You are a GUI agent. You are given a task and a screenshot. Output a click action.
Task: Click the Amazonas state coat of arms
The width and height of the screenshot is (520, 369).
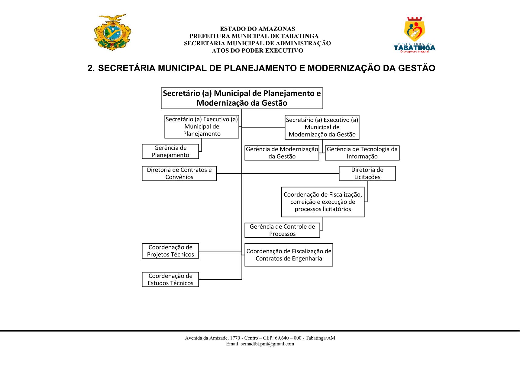coord(112,32)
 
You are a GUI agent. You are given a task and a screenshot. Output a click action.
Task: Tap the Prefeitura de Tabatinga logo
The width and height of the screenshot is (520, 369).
coord(415,35)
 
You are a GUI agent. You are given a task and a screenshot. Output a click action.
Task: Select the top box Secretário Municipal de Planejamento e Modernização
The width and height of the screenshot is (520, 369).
coord(242,98)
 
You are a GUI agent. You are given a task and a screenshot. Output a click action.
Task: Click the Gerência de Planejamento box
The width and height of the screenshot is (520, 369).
coord(170,152)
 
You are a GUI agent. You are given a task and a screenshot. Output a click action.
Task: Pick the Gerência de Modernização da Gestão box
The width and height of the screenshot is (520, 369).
coord(282,153)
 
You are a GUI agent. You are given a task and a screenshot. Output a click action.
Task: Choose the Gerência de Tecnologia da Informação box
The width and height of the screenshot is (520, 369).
coord(362,153)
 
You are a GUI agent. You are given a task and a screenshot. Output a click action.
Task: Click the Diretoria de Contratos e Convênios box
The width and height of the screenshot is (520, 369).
coord(179,174)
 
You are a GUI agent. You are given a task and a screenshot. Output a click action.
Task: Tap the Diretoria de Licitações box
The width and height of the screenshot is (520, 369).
coord(367,174)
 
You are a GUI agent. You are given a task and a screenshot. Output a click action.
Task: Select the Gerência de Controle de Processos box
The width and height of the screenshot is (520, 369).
coord(282,230)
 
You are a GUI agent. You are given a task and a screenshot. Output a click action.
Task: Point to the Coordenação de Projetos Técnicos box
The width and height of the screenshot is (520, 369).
coord(170,251)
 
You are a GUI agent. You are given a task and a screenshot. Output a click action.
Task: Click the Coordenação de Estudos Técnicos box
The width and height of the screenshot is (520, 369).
coord(170,280)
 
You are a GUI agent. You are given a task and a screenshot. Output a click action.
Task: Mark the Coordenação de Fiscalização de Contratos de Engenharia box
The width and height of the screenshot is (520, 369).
coord(289,255)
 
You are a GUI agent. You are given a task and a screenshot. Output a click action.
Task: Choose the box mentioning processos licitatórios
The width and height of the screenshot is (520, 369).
coord(323,202)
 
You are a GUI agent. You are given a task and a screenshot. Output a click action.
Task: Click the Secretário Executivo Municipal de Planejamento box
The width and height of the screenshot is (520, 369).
coord(202,127)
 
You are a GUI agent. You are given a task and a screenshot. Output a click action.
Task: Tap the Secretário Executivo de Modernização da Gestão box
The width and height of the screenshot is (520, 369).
coord(322,127)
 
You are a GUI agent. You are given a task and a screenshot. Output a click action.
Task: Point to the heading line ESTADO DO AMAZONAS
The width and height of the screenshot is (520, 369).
coord(257,29)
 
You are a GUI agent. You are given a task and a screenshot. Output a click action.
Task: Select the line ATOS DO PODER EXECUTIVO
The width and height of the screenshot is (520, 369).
coord(257,51)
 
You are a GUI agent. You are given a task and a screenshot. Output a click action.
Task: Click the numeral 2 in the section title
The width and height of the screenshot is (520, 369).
coord(90,68)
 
